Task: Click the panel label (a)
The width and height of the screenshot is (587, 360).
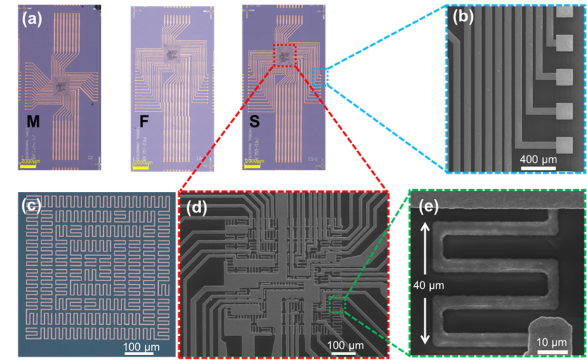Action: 32,19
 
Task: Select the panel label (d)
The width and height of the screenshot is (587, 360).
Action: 196,208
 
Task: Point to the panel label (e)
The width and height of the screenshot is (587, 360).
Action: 428,207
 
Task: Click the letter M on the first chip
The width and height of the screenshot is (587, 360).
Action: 33,121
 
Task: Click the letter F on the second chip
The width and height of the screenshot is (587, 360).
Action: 144,121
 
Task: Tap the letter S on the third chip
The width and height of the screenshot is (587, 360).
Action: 255,121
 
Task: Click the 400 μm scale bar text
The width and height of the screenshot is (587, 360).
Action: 538,160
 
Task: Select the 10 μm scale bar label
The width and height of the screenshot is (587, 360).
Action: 551,342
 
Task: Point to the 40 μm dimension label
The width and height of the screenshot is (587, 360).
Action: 428,286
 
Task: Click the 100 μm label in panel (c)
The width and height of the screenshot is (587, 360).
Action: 141,347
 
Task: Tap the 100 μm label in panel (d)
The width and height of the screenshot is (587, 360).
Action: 346,345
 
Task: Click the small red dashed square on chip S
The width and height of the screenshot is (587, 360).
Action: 285,55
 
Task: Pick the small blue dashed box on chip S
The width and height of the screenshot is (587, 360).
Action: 320,77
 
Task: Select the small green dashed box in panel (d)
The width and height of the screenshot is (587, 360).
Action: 338,305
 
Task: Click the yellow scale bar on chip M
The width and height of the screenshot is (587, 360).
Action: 28,166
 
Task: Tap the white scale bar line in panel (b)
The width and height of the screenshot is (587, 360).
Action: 538,168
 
